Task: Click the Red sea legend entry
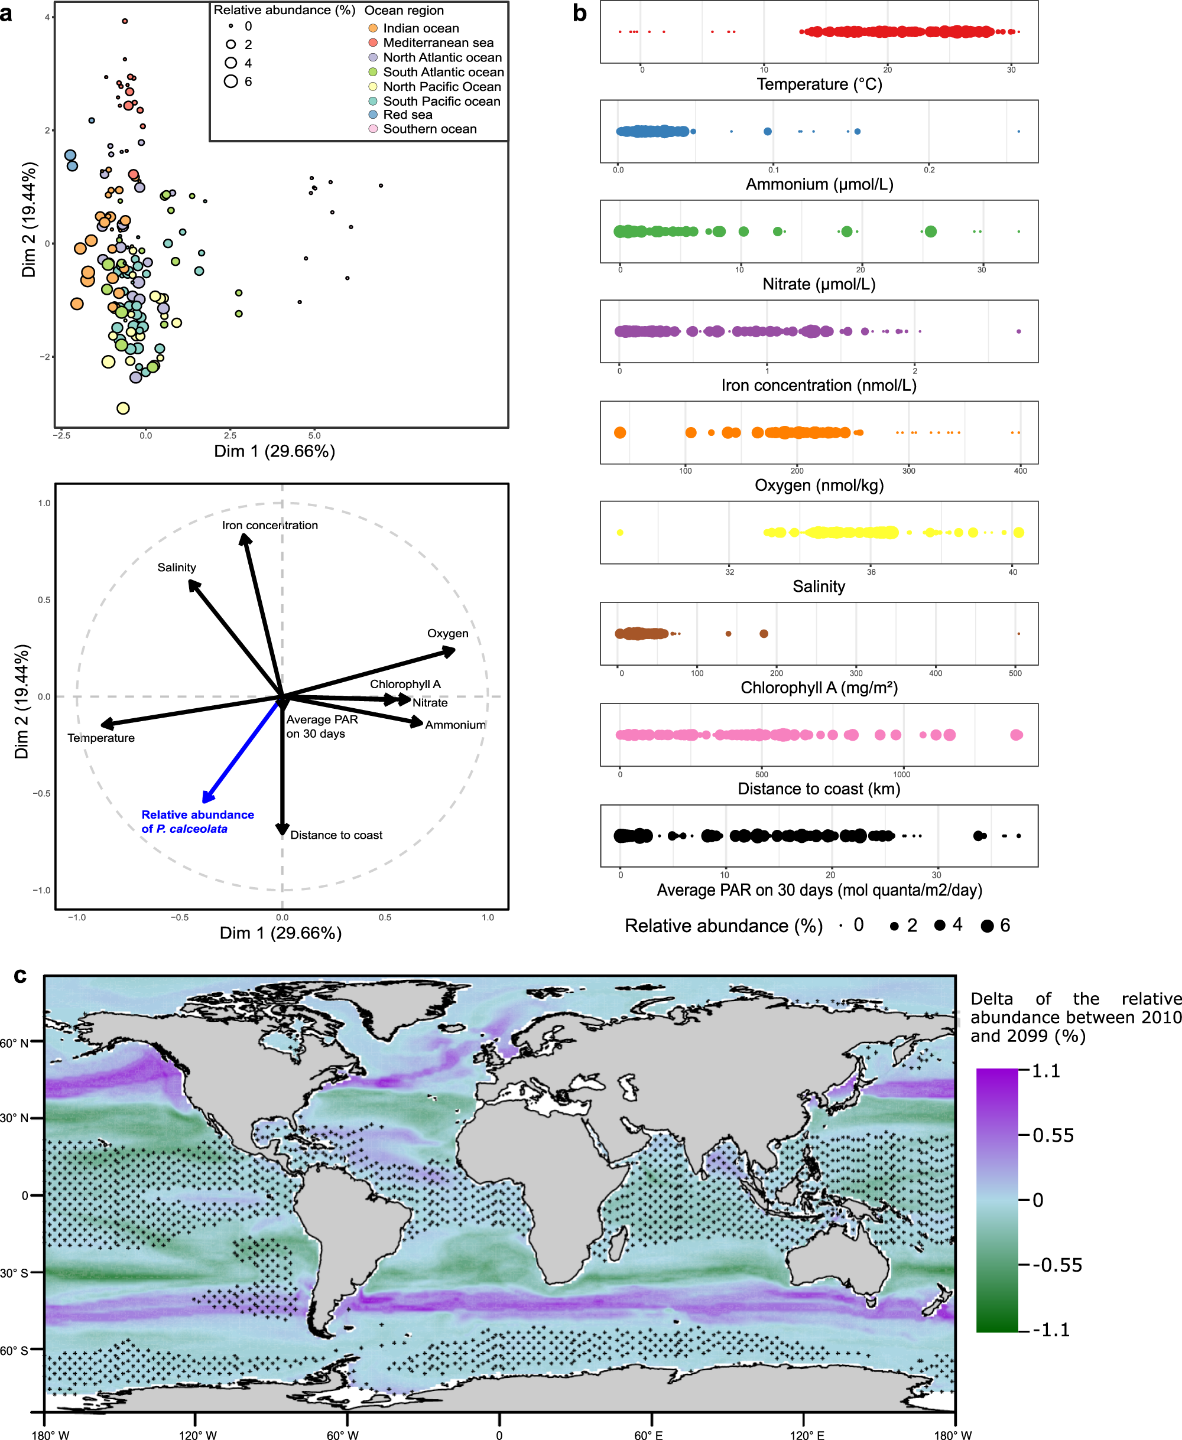[x=407, y=115]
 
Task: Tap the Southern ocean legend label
[x=430, y=129]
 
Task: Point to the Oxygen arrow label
[x=447, y=633]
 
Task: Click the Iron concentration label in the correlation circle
[x=269, y=524]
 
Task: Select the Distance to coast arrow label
[x=336, y=835]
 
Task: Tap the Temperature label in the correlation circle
[x=101, y=738]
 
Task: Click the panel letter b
[x=579, y=13]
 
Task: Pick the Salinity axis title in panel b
[x=819, y=586]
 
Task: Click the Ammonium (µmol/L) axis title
[x=819, y=184]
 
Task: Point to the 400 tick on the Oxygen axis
[x=1020, y=470]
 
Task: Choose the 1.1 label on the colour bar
[x=1046, y=1071]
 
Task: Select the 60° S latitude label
[x=14, y=1350]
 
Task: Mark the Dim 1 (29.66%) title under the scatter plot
[x=274, y=451]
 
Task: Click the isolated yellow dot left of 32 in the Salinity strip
[x=619, y=532]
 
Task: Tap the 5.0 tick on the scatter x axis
[x=314, y=435]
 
